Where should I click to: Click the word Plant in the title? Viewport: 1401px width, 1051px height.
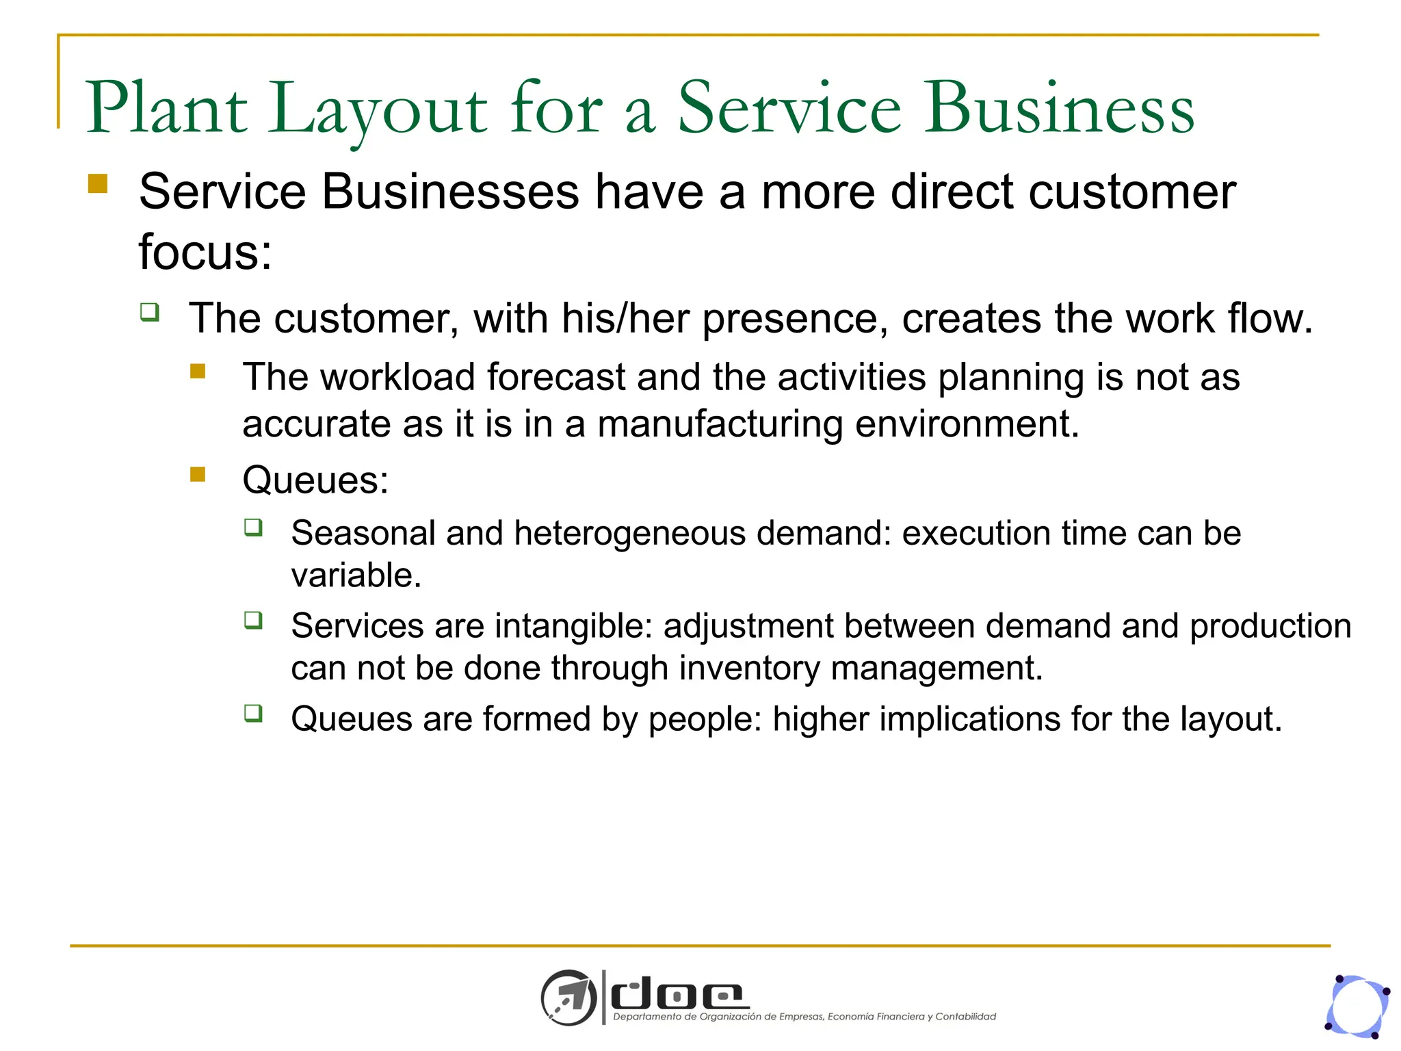point(166,108)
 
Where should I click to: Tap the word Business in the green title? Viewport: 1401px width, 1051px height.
point(1060,108)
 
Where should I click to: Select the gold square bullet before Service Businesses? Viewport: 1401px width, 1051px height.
point(98,184)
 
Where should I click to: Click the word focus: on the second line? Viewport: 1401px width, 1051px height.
point(205,252)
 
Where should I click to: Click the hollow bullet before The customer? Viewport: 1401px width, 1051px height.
point(150,313)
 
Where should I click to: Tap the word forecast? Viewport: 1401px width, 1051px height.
point(556,377)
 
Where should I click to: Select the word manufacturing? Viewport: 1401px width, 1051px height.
point(720,424)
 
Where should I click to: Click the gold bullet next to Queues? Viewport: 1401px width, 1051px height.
point(198,474)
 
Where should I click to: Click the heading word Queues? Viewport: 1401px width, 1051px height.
point(315,480)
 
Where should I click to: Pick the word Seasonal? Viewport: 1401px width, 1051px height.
point(363,533)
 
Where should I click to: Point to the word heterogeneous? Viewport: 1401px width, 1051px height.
point(629,533)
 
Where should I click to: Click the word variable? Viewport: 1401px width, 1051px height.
point(356,575)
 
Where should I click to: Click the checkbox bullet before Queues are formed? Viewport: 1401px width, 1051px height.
point(253,714)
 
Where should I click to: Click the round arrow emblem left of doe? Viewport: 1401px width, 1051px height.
point(568,997)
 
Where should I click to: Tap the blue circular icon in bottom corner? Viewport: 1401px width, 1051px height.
point(1357,1007)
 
